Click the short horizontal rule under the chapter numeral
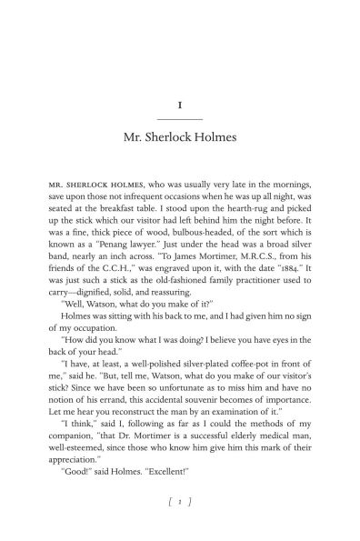coord(179,119)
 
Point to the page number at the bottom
coord(179,500)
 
